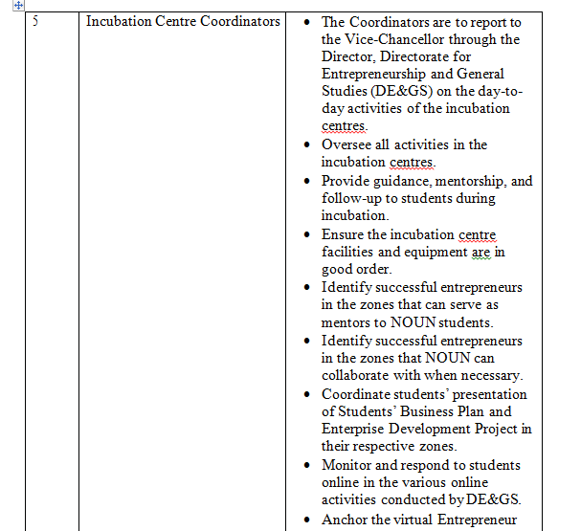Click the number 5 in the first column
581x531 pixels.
[x=34, y=21]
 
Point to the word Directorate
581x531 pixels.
[x=418, y=56]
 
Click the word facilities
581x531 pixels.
[x=352, y=252]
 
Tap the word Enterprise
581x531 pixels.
[x=354, y=429]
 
